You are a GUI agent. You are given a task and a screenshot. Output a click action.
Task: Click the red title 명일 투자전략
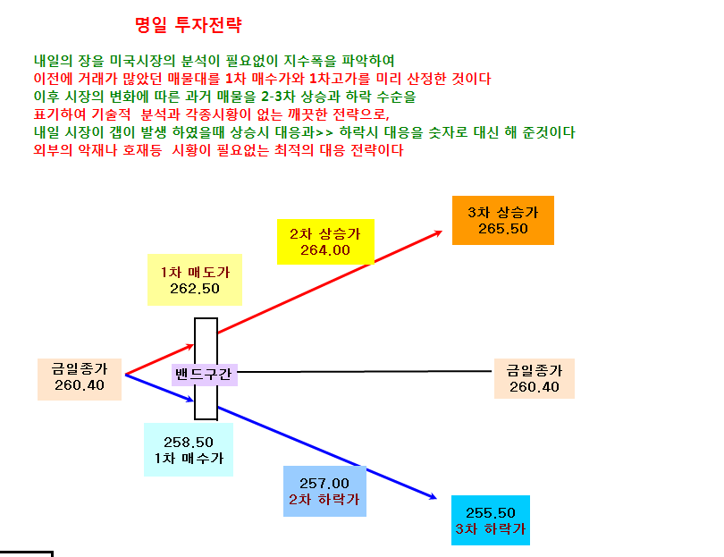click(189, 24)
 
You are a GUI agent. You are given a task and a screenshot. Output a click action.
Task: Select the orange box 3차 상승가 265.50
click(503, 220)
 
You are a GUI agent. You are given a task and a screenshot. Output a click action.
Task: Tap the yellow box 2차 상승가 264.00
click(325, 241)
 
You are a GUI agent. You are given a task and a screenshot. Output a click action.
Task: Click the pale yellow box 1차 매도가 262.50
click(195, 280)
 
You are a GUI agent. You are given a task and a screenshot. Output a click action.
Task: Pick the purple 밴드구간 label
click(204, 374)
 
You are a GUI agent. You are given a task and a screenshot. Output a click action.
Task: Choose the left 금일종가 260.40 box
click(80, 379)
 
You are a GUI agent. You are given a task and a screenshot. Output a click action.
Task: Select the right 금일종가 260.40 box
click(535, 379)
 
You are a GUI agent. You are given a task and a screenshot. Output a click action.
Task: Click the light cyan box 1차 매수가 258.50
click(189, 450)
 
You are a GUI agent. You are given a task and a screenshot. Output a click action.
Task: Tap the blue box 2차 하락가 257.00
click(324, 491)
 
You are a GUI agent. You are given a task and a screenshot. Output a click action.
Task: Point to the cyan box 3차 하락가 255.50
click(491, 520)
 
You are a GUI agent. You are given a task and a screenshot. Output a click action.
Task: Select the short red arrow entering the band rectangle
click(160, 359)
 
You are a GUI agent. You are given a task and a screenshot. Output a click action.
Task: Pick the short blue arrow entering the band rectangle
click(160, 387)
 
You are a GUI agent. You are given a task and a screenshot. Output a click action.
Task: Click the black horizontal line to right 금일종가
click(365, 371)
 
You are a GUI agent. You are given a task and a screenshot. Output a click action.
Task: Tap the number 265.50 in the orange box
click(503, 229)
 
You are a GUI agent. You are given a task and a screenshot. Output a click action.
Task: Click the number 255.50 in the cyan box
click(491, 512)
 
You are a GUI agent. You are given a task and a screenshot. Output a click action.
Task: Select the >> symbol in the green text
click(324, 133)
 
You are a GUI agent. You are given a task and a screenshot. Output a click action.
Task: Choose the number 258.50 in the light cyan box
click(189, 442)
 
